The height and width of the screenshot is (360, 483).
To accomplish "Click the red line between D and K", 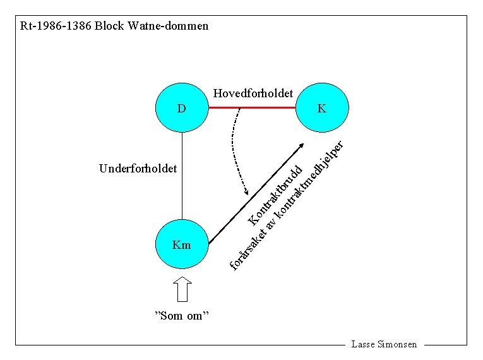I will (x=253, y=107).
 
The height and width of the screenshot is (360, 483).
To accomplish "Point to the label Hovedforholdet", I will (x=253, y=94).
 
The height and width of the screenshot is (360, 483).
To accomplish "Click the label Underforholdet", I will (x=138, y=169).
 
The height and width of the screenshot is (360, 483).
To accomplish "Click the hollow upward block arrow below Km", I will (x=182, y=290).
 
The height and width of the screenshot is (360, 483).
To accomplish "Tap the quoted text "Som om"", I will (x=182, y=316).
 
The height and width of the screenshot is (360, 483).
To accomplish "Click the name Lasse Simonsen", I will (x=385, y=344).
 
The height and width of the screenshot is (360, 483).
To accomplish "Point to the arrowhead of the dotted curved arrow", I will (x=247, y=193).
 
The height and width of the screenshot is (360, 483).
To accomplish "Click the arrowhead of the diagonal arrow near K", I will (x=302, y=146).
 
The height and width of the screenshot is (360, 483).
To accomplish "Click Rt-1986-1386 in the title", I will (x=56, y=27).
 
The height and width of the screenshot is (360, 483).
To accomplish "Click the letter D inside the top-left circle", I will (x=182, y=108).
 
